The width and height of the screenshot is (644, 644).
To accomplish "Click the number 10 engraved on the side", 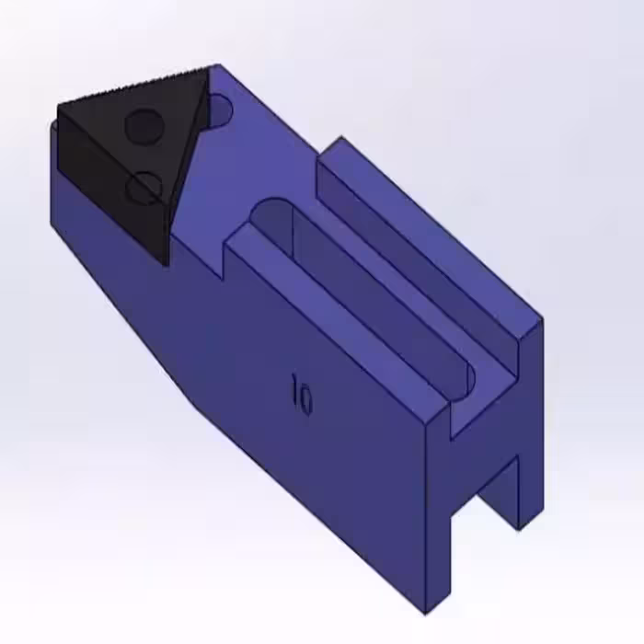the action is click(x=302, y=395).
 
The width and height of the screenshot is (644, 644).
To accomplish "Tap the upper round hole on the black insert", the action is click(x=144, y=127).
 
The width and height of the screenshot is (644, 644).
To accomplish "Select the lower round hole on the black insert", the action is click(x=144, y=188).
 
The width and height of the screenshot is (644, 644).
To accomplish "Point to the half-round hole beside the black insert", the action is click(x=220, y=110).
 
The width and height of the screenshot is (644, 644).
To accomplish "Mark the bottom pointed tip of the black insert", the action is click(x=166, y=266).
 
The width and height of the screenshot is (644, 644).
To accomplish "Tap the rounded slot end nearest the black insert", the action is click(x=271, y=209).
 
